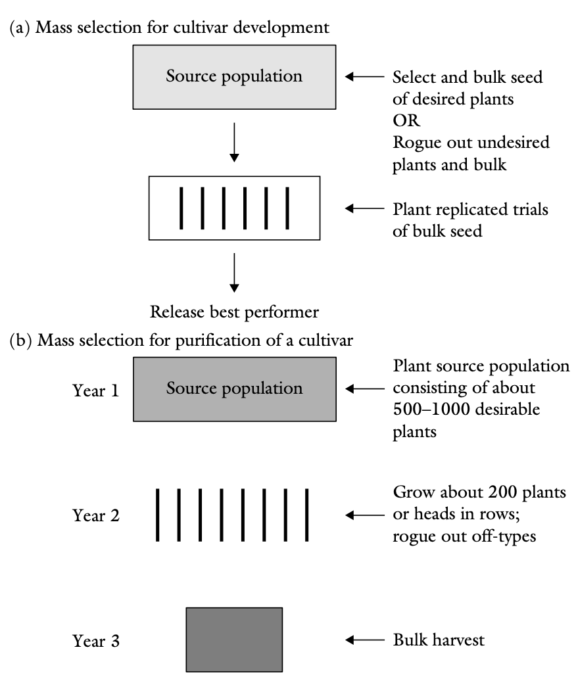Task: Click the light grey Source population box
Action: [x=234, y=77]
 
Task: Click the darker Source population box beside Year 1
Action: [x=234, y=388]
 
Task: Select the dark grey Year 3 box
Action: [x=234, y=639]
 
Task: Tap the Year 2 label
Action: [x=96, y=515]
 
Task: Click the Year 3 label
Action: [x=96, y=640]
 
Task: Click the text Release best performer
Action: [x=233, y=311]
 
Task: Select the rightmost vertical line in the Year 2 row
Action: [x=306, y=515]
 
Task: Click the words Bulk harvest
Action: [x=439, y=640]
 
